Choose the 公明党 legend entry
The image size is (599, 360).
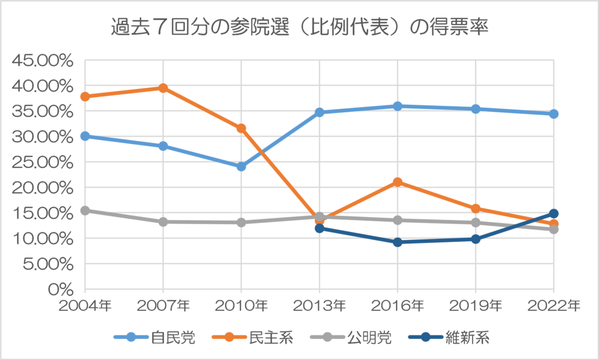point(369,337)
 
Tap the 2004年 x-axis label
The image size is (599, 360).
point(85,306)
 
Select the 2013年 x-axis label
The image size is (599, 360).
point(319,306)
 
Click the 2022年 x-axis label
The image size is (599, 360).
point(553,306)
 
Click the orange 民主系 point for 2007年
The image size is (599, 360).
point(163,88)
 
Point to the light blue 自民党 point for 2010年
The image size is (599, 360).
point(241,166)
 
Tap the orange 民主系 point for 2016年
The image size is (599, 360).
point(398,182)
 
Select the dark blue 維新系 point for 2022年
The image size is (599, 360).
point(553,214)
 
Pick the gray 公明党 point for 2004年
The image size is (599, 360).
point(85,210)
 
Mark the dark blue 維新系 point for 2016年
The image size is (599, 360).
point(398,242)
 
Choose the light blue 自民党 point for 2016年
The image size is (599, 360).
point(398,106)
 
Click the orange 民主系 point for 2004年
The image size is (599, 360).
point(85,97)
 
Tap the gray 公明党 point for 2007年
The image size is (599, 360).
point(163,222)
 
